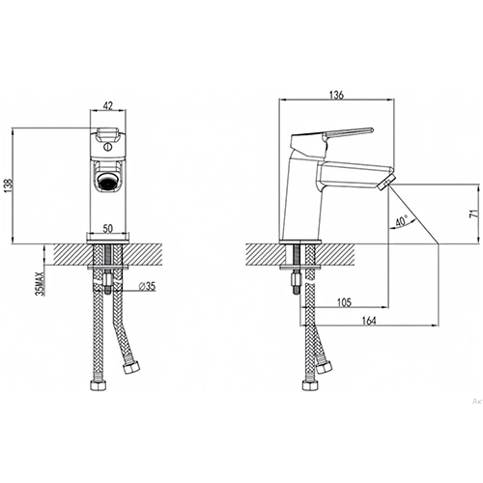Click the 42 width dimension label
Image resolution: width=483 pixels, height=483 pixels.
tap(108, 106)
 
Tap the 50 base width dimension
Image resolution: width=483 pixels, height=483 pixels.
tap(108, 228)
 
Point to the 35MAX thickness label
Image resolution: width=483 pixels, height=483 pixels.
tap(41, 283)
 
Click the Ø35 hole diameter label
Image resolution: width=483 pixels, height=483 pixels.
tap(147, 286)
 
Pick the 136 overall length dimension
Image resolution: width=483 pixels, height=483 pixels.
tap(336, 95)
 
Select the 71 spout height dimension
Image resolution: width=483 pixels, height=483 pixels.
tap(473, 213)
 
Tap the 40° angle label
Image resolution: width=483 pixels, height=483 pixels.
tap(402, 221)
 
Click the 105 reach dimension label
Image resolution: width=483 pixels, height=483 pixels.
tap(344, 302)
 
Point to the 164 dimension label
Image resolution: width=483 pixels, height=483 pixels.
tap(369, 321)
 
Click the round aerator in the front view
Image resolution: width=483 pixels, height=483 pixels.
tap(108, 182)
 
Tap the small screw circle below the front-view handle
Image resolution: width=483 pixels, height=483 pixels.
tap(108, 148)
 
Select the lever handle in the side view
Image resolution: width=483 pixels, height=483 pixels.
tap(331, 136)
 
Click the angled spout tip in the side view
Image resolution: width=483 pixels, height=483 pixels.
tap(385, 183)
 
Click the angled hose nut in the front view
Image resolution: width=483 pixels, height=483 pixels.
tap(132, 367)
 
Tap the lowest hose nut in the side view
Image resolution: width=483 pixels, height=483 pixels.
tap(310, 384)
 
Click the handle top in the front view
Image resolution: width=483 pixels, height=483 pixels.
tap(108, 133)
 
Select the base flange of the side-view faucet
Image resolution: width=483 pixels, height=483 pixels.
tap(300, 241)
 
